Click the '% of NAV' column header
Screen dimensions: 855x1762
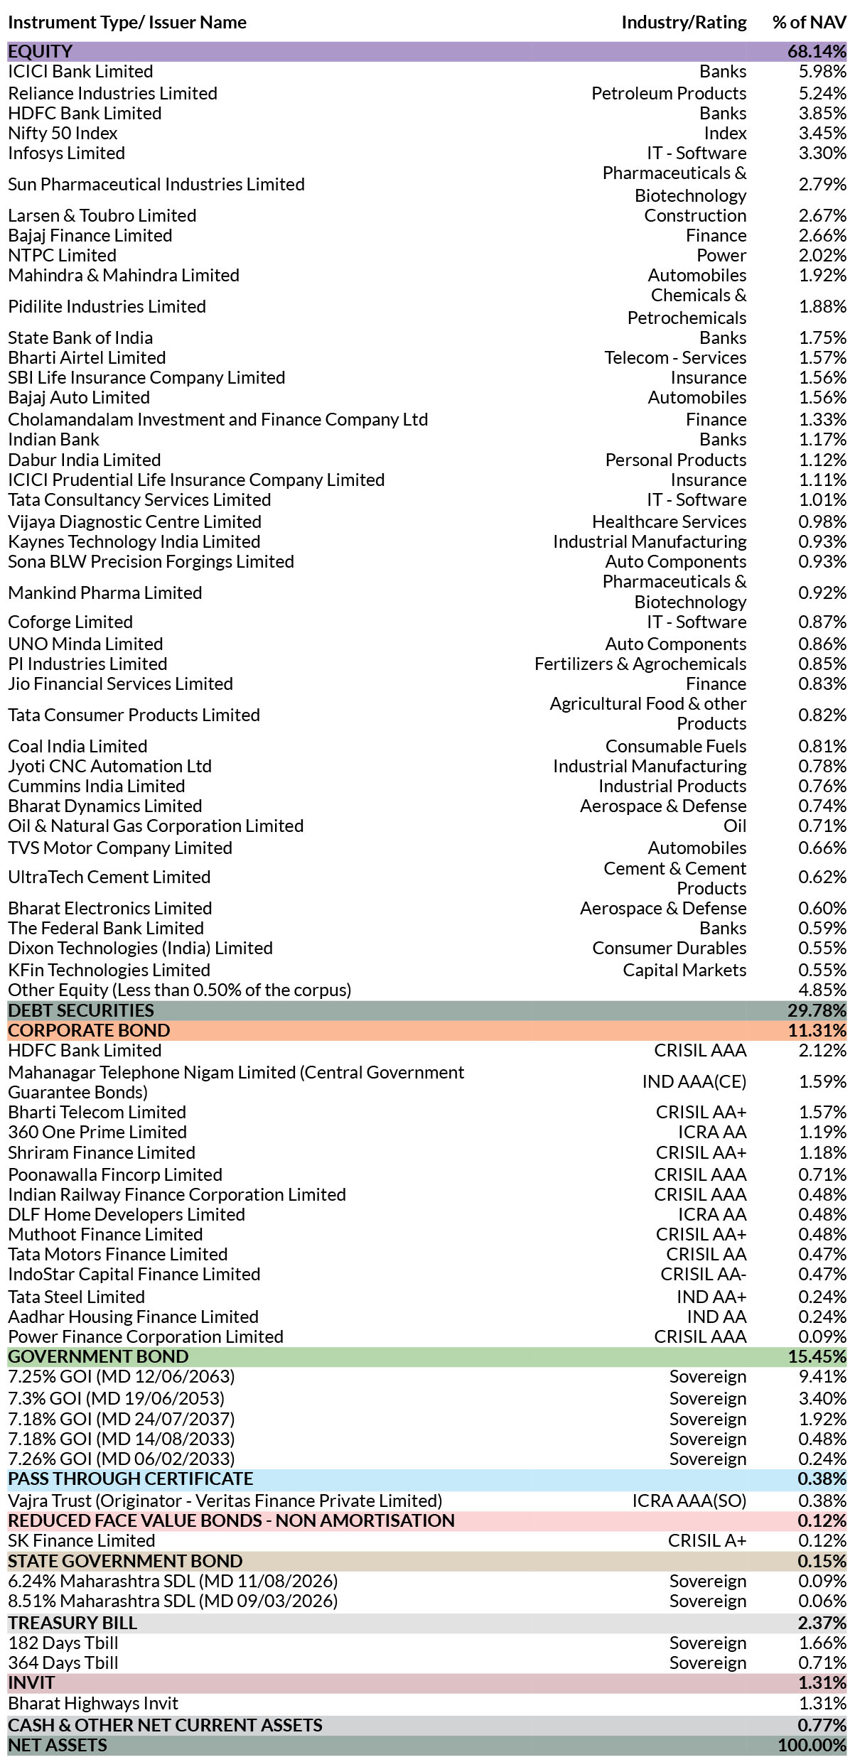click(x=809, y=23)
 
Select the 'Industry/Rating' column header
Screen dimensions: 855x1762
click(x=684, y=23)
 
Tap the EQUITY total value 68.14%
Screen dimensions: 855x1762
click(x=817, y=52)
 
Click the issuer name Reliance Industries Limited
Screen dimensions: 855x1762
click(x=112, y=93)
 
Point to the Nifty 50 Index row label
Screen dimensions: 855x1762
click(x=63, y=133)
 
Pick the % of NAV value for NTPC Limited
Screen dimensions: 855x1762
click(x=822, y=255)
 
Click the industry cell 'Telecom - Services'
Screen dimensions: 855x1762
click(x=675, y=357)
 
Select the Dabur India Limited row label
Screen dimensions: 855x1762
click(x=84, y=460)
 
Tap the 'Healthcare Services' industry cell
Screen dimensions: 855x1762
click(x=669, y=521)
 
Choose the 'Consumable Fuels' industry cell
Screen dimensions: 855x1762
click(x=676, y=746)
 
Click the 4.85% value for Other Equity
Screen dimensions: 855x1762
click(x=822, y=990)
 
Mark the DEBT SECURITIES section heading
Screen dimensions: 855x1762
click(x=81, y=1010)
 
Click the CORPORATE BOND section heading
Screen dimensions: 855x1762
click(x=89, y=1030)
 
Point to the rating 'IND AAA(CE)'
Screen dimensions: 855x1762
click(x=694, y=1081)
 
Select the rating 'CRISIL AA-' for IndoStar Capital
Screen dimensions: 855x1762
click(x=704, y=1274)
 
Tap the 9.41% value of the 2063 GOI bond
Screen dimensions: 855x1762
click(x=822, y=1376)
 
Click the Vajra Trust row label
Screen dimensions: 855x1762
click(x=225, y=1501)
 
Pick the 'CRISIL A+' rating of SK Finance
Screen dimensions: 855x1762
click(x=707, y=1540)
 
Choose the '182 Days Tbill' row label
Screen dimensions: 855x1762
click(x=63, y=1643)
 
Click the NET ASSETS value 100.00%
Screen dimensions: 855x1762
click(x=812, y=1745)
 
